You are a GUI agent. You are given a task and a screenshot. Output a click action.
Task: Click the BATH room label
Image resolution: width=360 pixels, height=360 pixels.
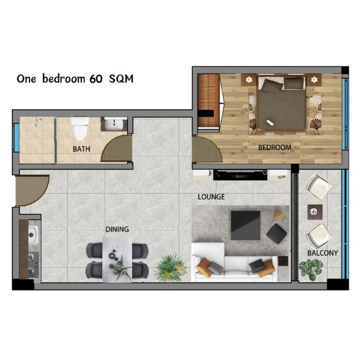pyautogui.click(x=81, y=149)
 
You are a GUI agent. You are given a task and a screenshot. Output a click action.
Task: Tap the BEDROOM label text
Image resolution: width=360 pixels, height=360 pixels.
pyautogui.click(x=275, y=147)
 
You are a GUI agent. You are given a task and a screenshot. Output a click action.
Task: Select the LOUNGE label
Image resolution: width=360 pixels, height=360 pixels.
pyautogui.click(x=211, y=197)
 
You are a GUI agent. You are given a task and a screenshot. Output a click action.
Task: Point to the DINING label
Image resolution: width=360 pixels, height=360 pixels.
pyautogui.click(x=117, y=229)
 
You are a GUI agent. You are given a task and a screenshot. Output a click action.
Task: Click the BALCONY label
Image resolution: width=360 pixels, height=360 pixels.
pyautogui.click(x=322, y=253)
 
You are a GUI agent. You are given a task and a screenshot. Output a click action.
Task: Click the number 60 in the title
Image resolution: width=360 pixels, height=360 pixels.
pyautogui.click(x=96, y=79)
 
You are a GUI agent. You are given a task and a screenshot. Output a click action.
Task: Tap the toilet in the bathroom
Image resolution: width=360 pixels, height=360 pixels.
pyautogui.click(x=80, y=128)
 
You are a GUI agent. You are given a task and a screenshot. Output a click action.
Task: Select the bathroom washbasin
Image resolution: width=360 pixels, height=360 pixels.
pyautogui.click(x=114, y=124)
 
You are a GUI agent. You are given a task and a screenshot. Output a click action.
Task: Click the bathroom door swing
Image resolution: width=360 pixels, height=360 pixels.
pyautogui.click(x=117, y=148)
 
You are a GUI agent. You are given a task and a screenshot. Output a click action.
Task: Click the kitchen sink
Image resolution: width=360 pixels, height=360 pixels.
pyautogui.click(x=33, y=235)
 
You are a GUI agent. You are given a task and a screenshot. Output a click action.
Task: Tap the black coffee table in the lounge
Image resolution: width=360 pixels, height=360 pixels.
pyautogui.click(x=246, y=225)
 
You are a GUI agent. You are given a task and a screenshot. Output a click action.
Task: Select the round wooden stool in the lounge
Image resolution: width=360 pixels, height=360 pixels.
pyautogui.click(x=278, y=216)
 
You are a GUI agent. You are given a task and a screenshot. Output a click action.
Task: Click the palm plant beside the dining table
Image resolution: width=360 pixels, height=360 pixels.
pyautogui.click(x=170, y=268)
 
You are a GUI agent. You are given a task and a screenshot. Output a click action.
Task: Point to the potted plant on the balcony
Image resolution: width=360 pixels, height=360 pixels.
pyautogui.click(x=311, y=270)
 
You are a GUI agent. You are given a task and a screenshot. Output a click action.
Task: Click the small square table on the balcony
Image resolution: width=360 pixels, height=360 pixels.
pyautogui.click(x=315, y=212)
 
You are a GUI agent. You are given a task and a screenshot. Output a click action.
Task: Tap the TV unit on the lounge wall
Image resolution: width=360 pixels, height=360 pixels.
pyautogui.click(x=240, y=175)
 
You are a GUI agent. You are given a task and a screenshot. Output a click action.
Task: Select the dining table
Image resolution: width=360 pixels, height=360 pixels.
pyautogui.click(x=117, y=260)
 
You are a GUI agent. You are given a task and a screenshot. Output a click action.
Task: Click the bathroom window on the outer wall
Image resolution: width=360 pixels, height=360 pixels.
pyautogui.click(x=16, y=137)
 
